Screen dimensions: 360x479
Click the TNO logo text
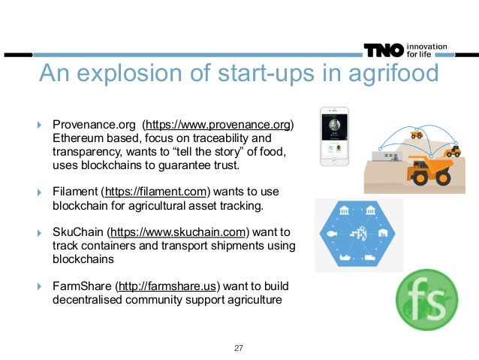[383, 50]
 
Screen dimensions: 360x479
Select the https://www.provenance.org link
[219, 124]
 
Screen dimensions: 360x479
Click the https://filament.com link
[158, 191]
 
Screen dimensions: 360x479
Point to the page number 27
[239, 348]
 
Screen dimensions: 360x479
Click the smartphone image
[334, 136]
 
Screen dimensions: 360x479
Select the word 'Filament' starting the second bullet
[74, 191]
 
